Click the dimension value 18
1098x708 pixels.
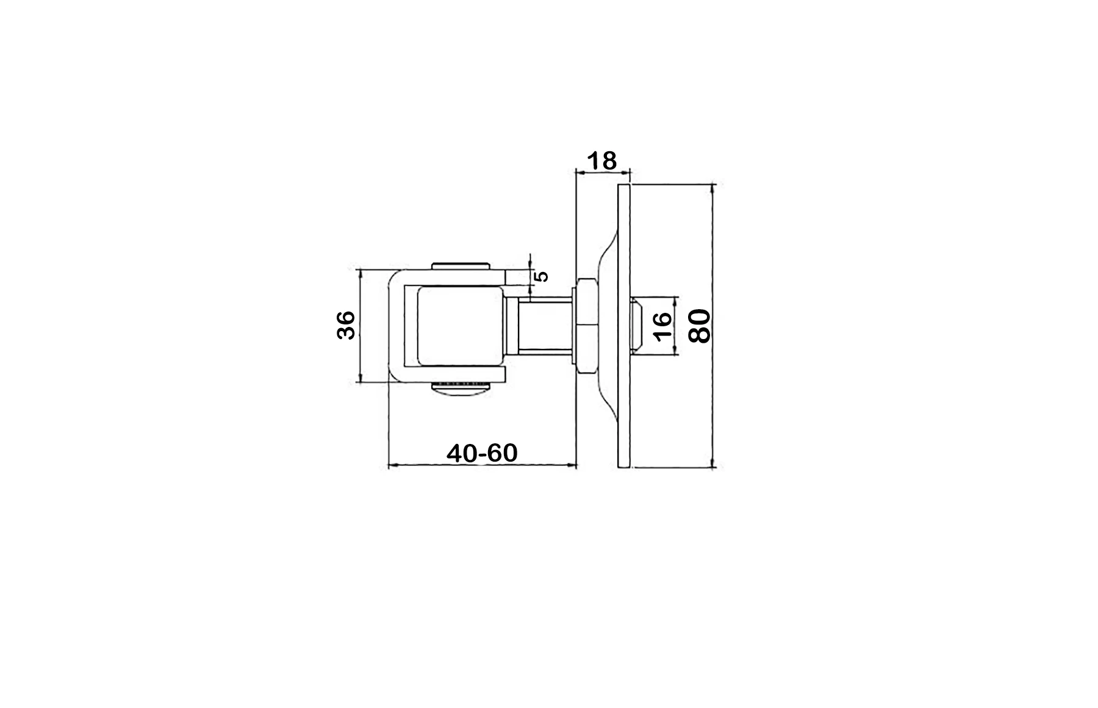click(x=602, y=161)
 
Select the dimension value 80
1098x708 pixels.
click(x=700, y=326)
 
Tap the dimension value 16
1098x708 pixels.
click(x=662, y=325)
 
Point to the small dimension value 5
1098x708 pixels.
click(x=541, y=276)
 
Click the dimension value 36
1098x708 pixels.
click(x=346, y=325)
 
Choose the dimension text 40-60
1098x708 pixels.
click(x=482, y=453)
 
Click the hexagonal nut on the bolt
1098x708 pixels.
click(x=586, y=325)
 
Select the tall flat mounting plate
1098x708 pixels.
click(x=624, y=326)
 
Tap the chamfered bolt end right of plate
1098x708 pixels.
click(x=636, y=325)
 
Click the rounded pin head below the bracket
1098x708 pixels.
click(x=461, y=388)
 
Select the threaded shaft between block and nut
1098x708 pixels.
click(x=545, y=326)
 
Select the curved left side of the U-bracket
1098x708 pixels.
click(x=394, y=325)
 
